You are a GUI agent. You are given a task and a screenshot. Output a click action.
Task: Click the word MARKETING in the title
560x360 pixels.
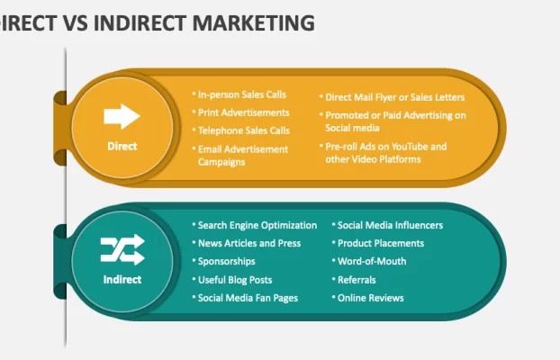click(254, 22)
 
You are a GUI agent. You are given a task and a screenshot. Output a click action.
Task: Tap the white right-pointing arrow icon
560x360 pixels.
click(122, 116)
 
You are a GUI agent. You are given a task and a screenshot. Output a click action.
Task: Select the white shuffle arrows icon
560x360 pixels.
click(122, 249)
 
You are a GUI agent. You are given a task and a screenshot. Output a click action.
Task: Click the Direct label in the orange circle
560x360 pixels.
click(122, 146)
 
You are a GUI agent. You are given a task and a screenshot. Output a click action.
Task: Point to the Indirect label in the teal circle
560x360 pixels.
click(122, 279)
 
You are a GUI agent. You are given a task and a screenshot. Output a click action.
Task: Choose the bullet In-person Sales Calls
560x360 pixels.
click(242, 94)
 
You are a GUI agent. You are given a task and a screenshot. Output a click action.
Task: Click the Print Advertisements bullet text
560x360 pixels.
click(244, 112)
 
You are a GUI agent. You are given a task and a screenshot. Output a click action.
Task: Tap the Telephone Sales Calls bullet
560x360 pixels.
click(244, 130)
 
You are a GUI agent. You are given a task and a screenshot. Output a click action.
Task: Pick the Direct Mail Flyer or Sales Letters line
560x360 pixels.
click(394, 97)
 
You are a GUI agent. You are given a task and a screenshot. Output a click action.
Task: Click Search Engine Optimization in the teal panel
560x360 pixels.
click(257, 225)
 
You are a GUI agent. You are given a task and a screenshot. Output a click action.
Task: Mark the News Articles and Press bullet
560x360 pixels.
click(249, 243)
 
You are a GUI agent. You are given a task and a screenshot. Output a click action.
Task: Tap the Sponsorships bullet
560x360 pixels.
click(226, 261)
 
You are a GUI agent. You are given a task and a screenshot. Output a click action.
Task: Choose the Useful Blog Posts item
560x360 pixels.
click(235, 280)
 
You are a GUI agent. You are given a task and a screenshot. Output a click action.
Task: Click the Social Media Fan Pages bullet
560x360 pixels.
click(248, 298)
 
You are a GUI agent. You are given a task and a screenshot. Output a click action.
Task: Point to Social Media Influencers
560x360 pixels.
click(390, 225)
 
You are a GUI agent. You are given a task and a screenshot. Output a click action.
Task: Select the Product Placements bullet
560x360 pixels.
click(381, 243)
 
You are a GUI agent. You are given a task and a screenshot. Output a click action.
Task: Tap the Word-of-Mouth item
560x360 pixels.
click(372, 261)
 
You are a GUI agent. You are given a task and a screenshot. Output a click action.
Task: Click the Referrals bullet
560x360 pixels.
click(357, 280)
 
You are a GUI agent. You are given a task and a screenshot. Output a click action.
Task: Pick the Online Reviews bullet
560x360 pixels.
click(370, 298)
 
